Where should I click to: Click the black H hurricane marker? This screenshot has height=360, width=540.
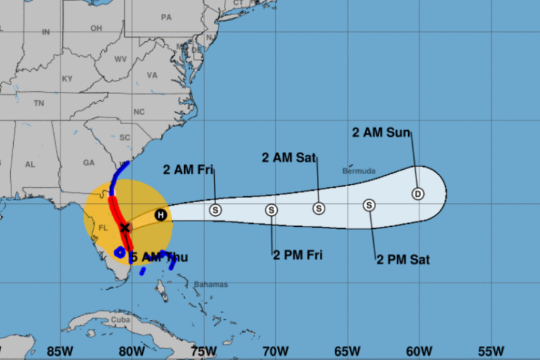[160, 215]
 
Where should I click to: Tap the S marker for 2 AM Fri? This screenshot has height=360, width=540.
[215, 210]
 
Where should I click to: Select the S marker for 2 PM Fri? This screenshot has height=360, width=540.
[271, 210]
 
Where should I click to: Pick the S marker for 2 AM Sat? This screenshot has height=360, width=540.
[319, 208]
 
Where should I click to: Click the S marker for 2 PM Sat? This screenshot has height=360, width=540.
[369, 205]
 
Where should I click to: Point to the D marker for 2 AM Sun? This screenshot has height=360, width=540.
[418, 194]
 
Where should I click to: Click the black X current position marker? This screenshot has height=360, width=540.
[125, 227]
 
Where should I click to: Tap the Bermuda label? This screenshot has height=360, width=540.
[359, 171]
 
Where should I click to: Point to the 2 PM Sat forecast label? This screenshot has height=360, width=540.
[403, 260]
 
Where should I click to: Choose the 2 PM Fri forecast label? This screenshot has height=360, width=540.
[298, 255]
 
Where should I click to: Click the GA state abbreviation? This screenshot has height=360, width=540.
[89, 163]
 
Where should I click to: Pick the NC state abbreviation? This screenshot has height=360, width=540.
[139, 112]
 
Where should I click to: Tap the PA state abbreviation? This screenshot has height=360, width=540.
[166, 17]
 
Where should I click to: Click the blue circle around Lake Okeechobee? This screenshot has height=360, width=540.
[120, 252]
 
